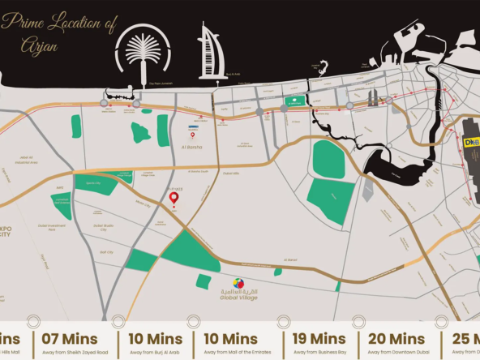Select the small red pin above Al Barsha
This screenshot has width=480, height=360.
(193, 136)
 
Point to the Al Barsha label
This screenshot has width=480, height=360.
(193, 148)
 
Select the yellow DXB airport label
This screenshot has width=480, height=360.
(471, 142)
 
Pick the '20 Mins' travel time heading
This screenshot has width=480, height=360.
(396, 339)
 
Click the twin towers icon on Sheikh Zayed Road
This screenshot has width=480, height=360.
(373, 97)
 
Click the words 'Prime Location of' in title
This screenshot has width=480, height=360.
(62, 24)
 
